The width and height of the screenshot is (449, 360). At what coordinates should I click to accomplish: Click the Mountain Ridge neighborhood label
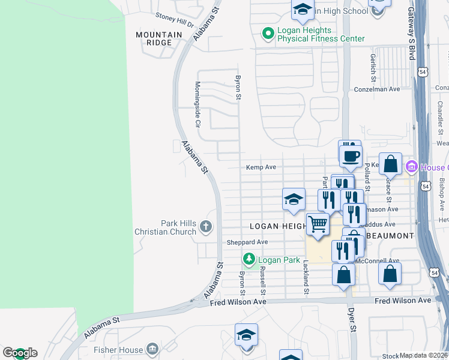pos(158,39)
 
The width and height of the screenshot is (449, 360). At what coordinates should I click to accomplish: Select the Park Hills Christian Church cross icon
pos(205,227)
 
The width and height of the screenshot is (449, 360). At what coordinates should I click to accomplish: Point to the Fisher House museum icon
pos(152,349)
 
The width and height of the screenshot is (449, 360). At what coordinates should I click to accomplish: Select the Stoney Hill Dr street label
pos(175,20)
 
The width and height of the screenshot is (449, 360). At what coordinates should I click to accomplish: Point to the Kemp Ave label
pos(261,167)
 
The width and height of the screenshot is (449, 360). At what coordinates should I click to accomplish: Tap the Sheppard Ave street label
pos(247,242)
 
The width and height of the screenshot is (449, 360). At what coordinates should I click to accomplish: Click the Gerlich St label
pos(373,67)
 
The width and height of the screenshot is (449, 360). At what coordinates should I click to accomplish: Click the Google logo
pos(20,353)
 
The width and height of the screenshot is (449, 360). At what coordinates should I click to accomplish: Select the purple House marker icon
pos(412,167)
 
